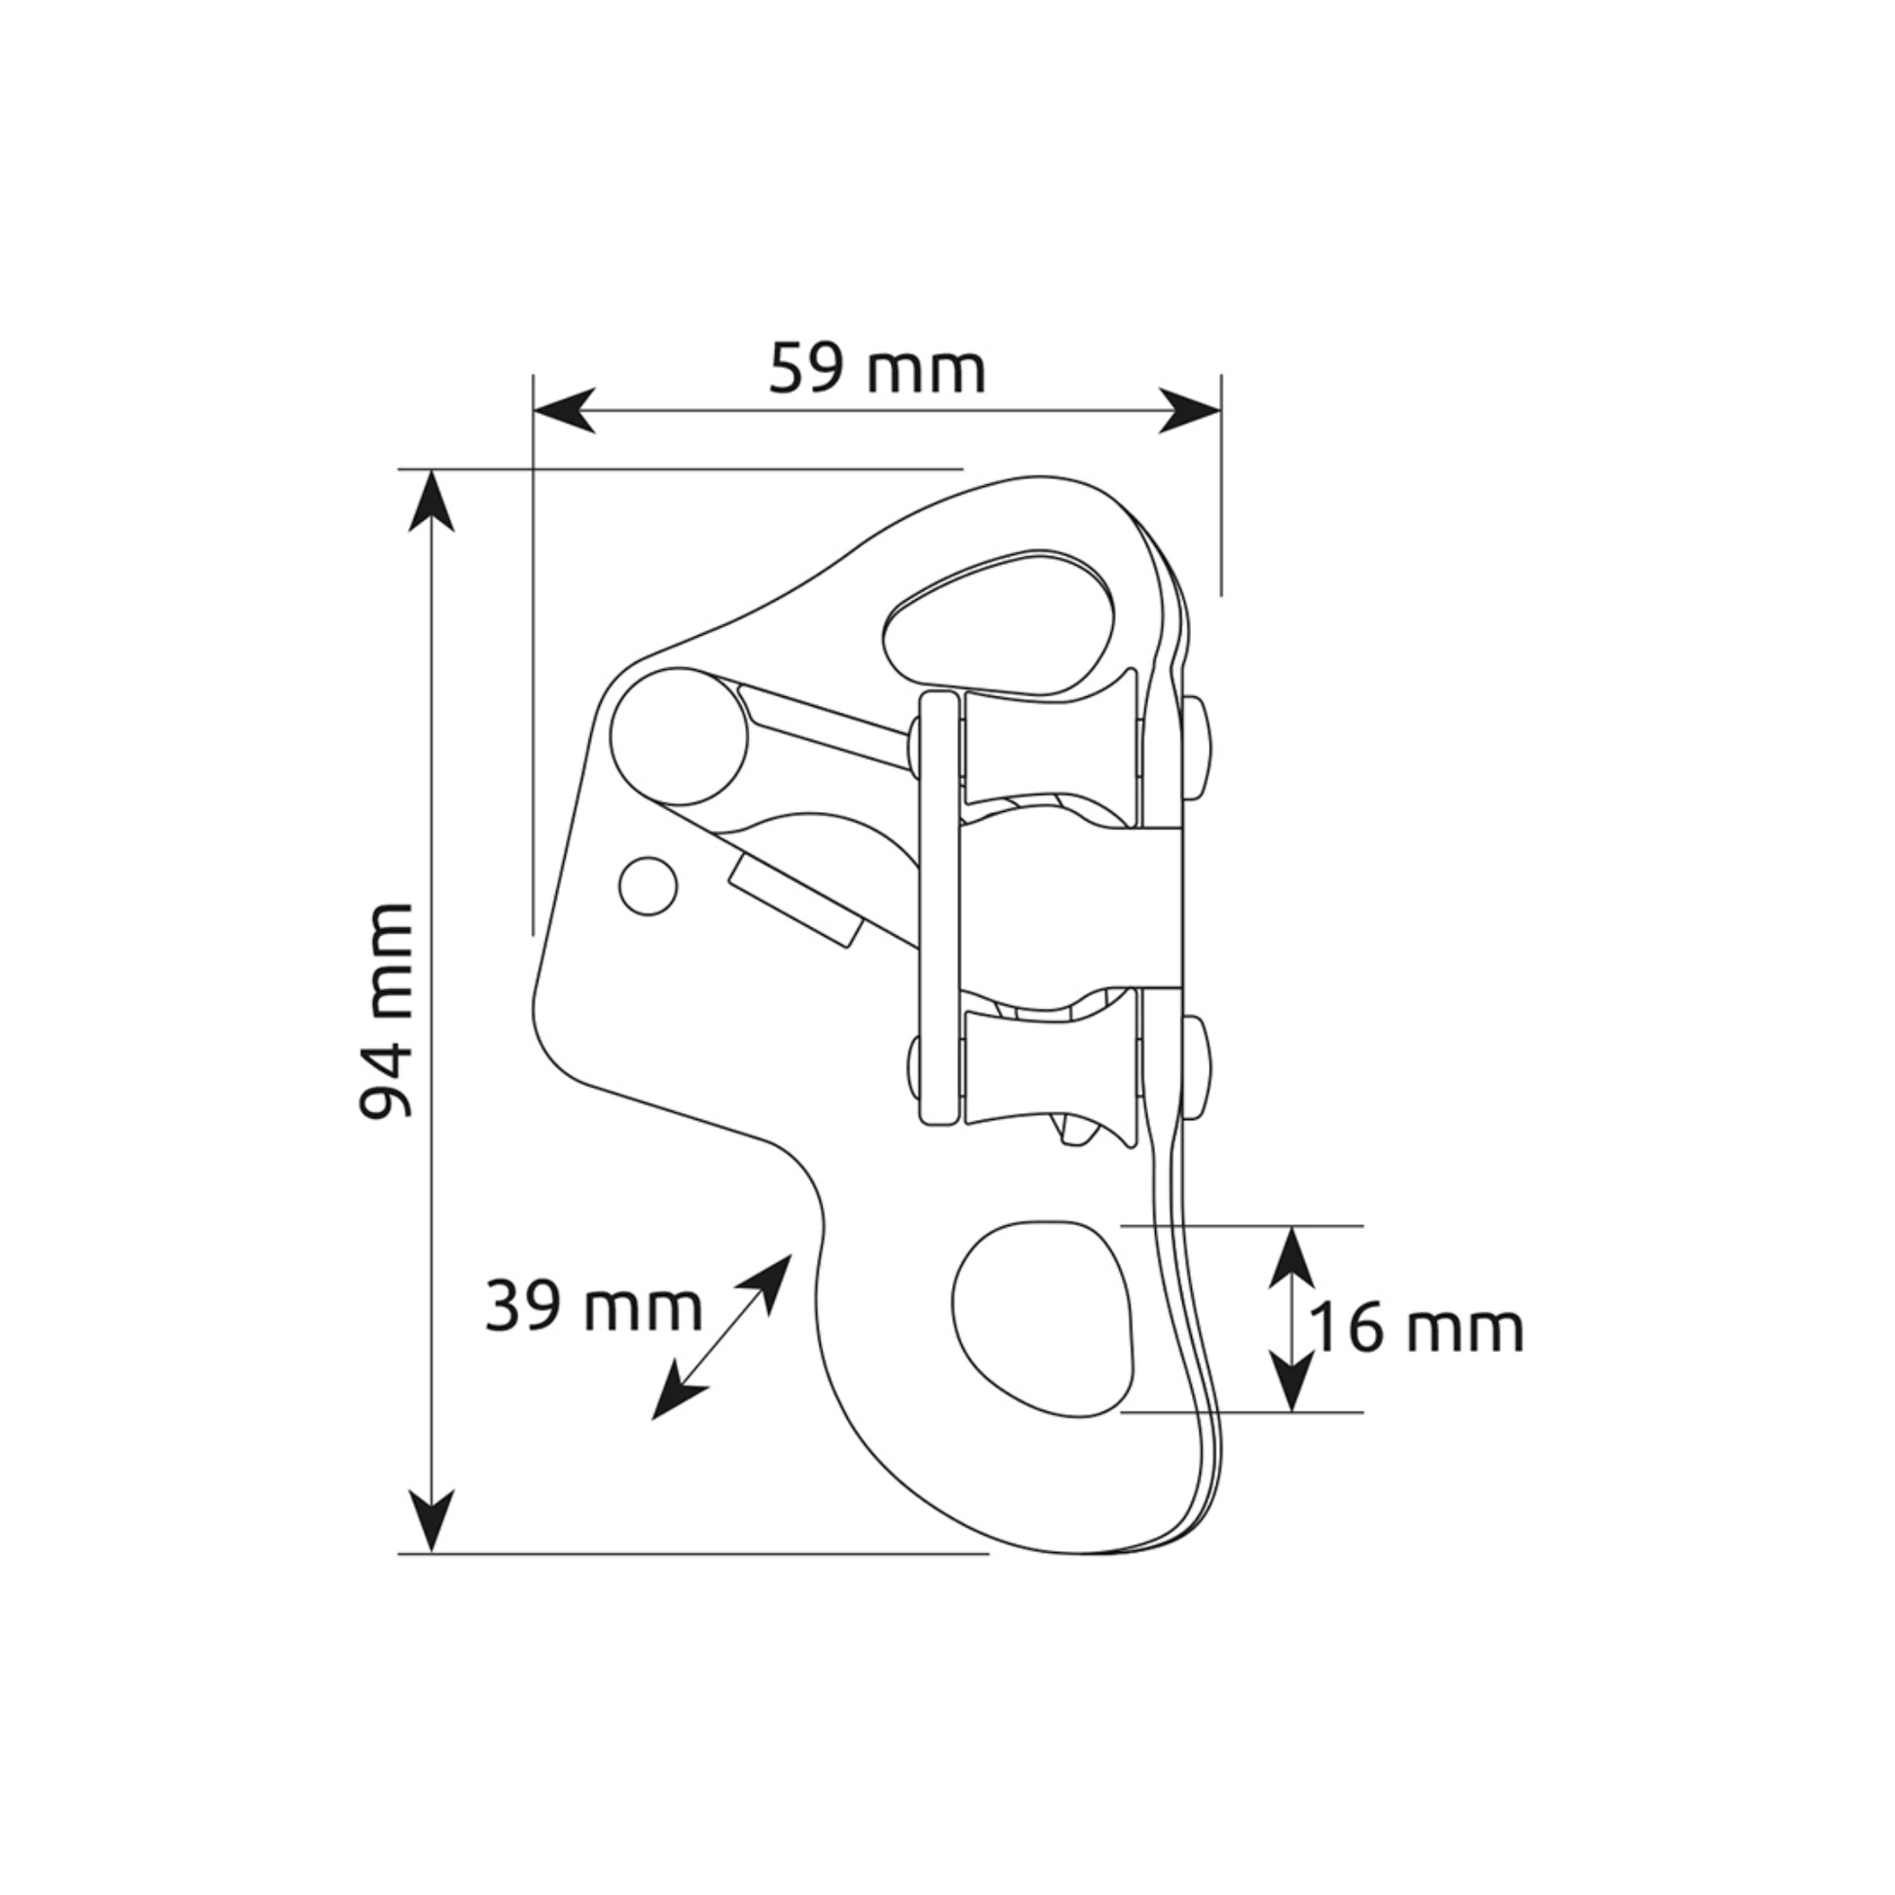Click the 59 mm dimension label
[875, 370]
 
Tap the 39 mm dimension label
[593, 1308]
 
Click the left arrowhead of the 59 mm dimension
[564, 410]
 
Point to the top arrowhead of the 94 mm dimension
[430, 501]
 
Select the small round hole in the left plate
[649, 886]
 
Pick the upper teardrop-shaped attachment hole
[1000, 623]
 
